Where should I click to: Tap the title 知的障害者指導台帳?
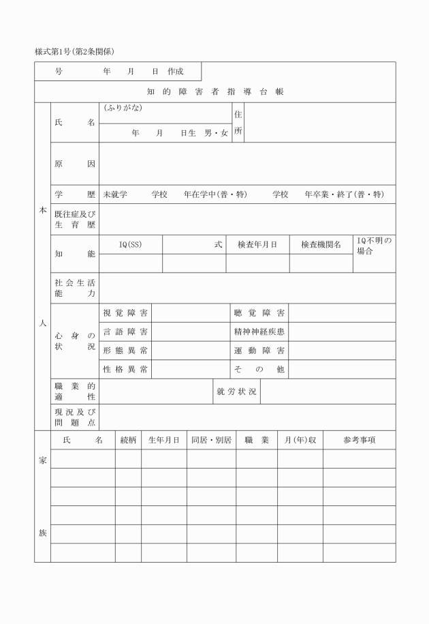215,91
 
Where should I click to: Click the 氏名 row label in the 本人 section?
74,123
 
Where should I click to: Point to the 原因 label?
74,164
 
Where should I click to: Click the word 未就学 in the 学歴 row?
115,194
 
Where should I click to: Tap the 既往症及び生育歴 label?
74,220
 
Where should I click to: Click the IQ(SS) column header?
131,244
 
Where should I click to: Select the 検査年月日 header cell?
257,244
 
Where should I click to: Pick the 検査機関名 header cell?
321,244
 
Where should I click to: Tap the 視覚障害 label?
125,313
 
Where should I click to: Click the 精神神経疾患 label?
259,331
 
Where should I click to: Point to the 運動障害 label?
259,351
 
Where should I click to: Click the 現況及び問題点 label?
74,417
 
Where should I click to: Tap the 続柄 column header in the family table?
128,441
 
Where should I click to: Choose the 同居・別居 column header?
211,441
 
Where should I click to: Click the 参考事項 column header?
359,441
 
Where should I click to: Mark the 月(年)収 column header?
300,441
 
